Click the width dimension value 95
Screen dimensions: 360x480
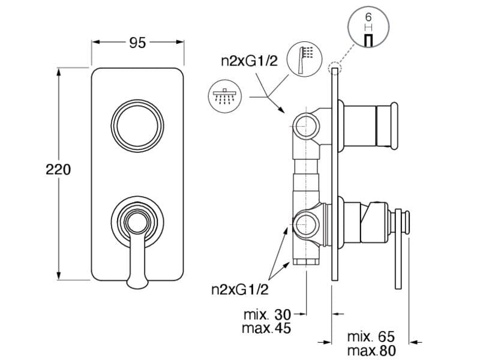tap(137, 43)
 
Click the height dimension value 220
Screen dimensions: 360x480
tap(59, 170)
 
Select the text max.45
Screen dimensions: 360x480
tap(267, 328)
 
